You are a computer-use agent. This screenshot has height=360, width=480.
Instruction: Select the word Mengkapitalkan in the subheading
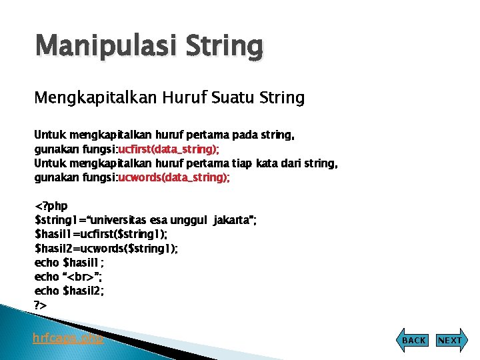click(x=94, y=99)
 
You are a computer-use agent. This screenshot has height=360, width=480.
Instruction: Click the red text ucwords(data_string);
click(x=174, y=177)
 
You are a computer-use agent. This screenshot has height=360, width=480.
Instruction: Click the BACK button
click(x=414, y=340)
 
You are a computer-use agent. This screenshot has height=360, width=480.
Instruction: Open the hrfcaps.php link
click(x=69, y=338)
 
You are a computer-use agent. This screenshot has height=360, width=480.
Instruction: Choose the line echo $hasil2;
click(x=69, y=290)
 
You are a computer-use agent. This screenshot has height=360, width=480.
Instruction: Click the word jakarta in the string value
click(x=231, y=220)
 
